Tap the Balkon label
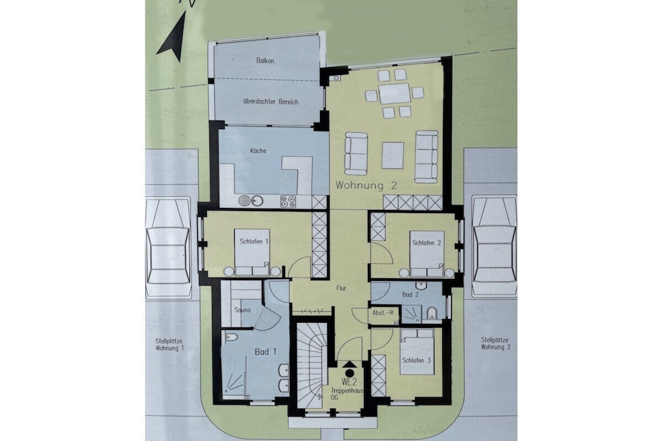click(x=265, y=61)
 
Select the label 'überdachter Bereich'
click(x=271, y=101)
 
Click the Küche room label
click(x=258, y=150)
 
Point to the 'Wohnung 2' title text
click(x=367, y=185)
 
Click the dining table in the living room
click(x=394, y=94)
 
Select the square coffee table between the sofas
click(x=392, y=155)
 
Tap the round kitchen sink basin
click(x=244, y=201)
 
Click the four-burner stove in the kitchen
click(x=288, y=201)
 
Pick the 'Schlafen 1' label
click(x=254, y=241)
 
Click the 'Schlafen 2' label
click(x=427, y=243)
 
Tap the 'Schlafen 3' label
click(x=416, y=360)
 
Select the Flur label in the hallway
click(x=341, y=289)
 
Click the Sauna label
click(x=243, y=310)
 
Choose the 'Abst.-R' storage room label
click(x=383, y=313)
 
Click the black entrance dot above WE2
click(x=349, y=373)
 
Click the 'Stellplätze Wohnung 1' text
click(x=169, y=345)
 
